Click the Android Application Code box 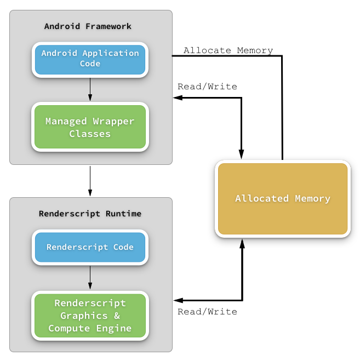[x=90, y=59]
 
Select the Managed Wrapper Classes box [x=90, y=127]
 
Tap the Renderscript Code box [x=90, y=247]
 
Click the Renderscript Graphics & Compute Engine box [x=90, y=316]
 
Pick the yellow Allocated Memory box [x=283, y=198]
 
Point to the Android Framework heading [x=88, y=26]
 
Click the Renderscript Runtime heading [x=90, y=214]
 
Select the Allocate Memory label [x=228, y=50]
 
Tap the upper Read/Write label [x=207, y=87]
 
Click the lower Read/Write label [x=207, y=312]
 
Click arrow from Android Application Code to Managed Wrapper [x=90, y=89]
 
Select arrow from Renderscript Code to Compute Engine [x=90, y=278]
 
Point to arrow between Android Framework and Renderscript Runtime [x=90, y=181]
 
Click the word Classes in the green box [x=90, y=134]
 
